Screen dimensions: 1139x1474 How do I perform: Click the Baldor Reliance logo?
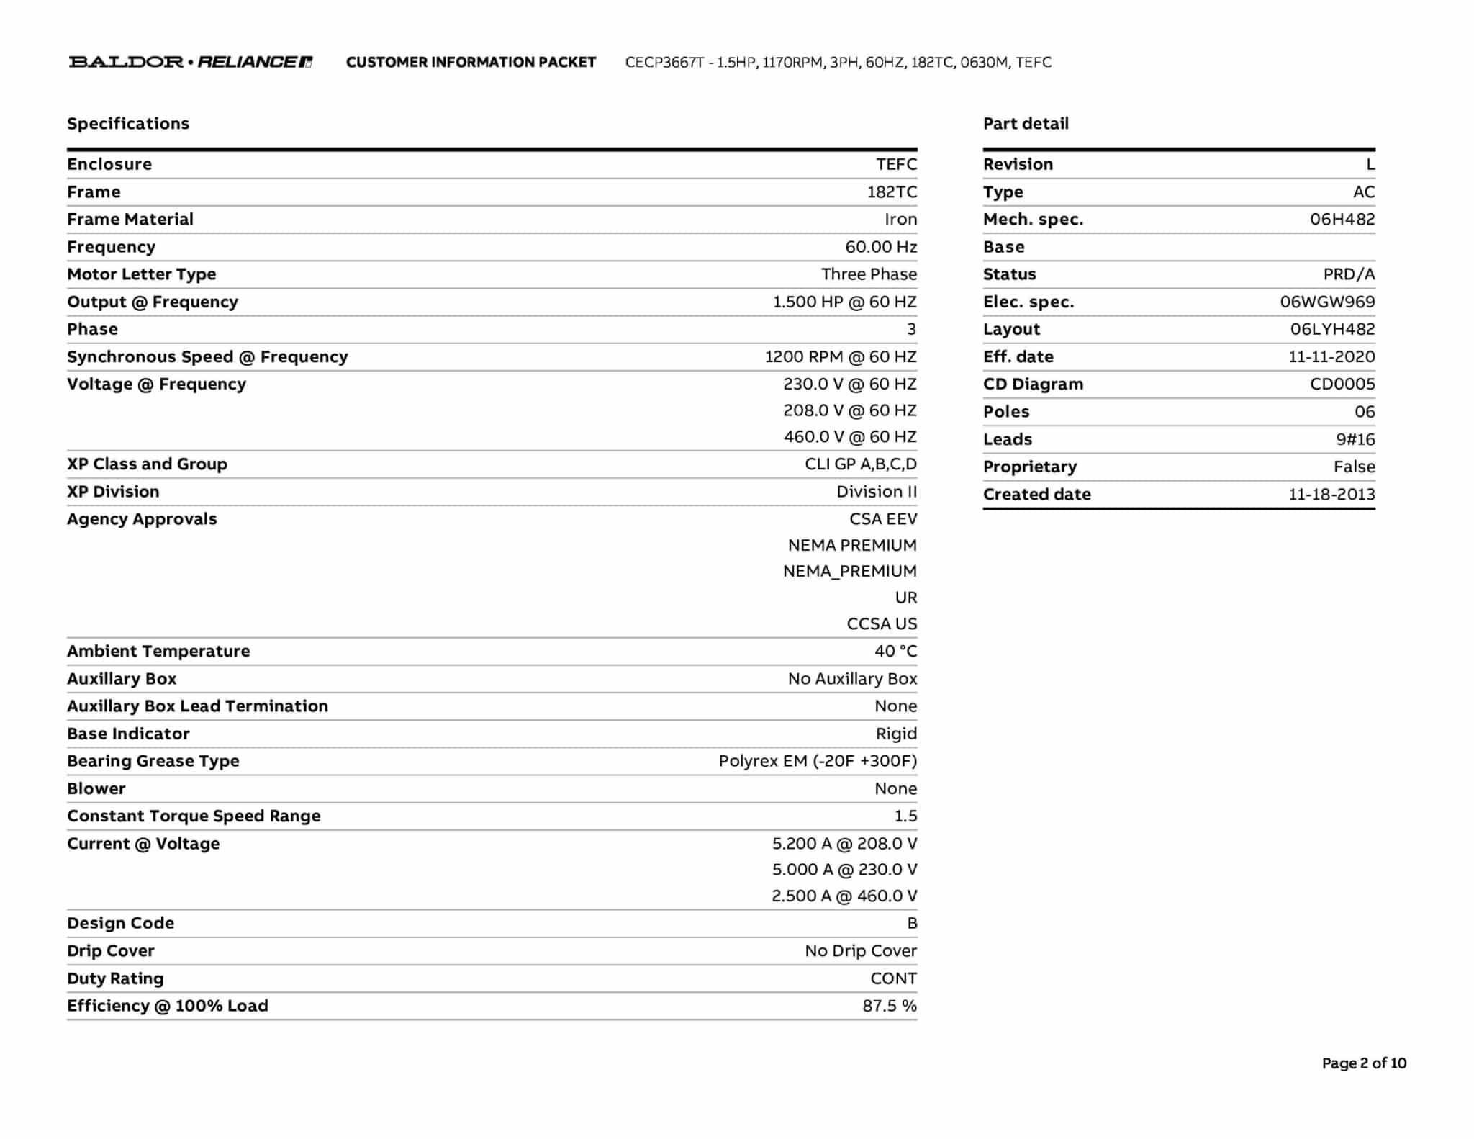pos(191,62)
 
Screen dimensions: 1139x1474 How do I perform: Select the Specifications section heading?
pos(128,123)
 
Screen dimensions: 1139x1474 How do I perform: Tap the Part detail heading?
pos(1026,123)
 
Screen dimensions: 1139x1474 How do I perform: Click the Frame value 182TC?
pos(892,192)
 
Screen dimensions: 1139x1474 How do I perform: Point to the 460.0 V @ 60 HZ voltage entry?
pos(850,436)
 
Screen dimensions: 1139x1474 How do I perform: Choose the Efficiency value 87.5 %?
pos(890,1005)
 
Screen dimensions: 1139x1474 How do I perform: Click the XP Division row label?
pos(113,491)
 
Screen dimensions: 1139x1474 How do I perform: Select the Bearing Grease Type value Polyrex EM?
pos(818,760)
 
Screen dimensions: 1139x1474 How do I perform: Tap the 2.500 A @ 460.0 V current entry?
pos(844,895)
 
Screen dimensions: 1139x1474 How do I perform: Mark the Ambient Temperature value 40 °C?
pos(895,650)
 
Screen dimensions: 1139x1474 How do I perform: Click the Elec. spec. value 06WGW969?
pos(1327,302)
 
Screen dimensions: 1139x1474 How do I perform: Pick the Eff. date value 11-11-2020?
pos(1331,356)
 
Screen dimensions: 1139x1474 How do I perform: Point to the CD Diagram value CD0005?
pos(1342,384)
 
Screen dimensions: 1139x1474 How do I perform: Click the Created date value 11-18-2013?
pos(1331,494)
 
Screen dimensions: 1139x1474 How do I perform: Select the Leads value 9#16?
pos(1355,439)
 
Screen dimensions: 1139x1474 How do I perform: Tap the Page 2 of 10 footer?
pos(1364,1063)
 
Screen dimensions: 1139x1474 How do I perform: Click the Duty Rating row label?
pos(115,978)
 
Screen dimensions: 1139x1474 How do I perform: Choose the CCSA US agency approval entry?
pos(882,623)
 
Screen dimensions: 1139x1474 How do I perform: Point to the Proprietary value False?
pos(1354,467)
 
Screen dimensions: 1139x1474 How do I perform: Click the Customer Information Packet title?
pos(471,62)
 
